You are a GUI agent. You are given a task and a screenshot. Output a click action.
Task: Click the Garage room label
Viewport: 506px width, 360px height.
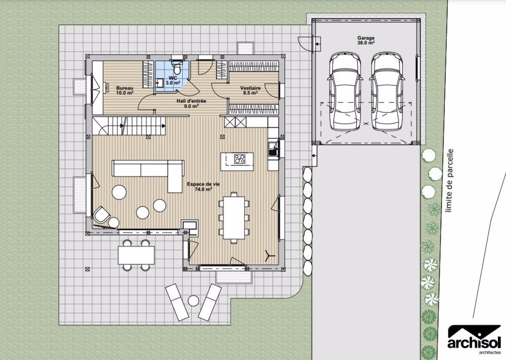pyautogui.click(x=366, y=40)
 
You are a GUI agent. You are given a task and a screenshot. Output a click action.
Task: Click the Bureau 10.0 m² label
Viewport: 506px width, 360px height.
pyautogui.click(x=124, y=91)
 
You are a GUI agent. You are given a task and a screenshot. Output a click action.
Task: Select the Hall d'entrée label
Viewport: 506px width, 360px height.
pyautogui.click(x=187, y=103)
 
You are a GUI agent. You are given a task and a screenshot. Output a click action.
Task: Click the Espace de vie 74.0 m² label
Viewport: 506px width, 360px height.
pyautogui.click(x=202, y=187)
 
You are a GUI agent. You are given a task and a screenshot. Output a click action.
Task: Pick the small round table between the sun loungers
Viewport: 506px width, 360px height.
pyautogui.click(x=193, y=301)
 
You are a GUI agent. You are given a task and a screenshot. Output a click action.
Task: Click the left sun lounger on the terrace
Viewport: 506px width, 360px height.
pyautogui.click(x=178, y=301)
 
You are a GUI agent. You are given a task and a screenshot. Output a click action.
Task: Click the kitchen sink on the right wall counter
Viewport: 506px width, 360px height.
pyautogui.click(x=273, y=148)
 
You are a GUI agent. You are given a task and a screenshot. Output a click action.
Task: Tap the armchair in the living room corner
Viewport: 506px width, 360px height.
pyautogui.click(x=102, y=215)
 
